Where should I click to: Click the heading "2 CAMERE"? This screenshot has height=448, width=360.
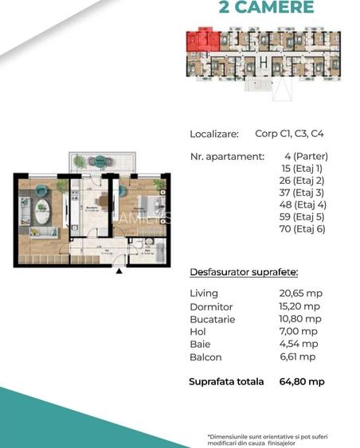266,8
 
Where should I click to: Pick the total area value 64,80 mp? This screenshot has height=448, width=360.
302,382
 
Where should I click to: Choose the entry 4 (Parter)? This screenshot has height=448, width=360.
305,156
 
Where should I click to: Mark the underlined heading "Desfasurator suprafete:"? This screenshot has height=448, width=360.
244,272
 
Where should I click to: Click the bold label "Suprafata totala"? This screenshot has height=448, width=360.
226,382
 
